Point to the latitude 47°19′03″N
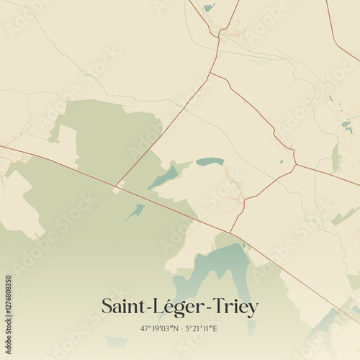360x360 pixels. pos(159,329)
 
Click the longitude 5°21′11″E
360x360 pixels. pos(201,329)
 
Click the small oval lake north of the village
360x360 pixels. pos(210,161)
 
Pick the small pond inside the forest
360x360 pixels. pos(135,211)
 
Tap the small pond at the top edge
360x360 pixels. pos(209,7)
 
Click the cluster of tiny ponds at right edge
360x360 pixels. pos(347,126)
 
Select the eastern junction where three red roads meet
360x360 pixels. pos(295,165)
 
